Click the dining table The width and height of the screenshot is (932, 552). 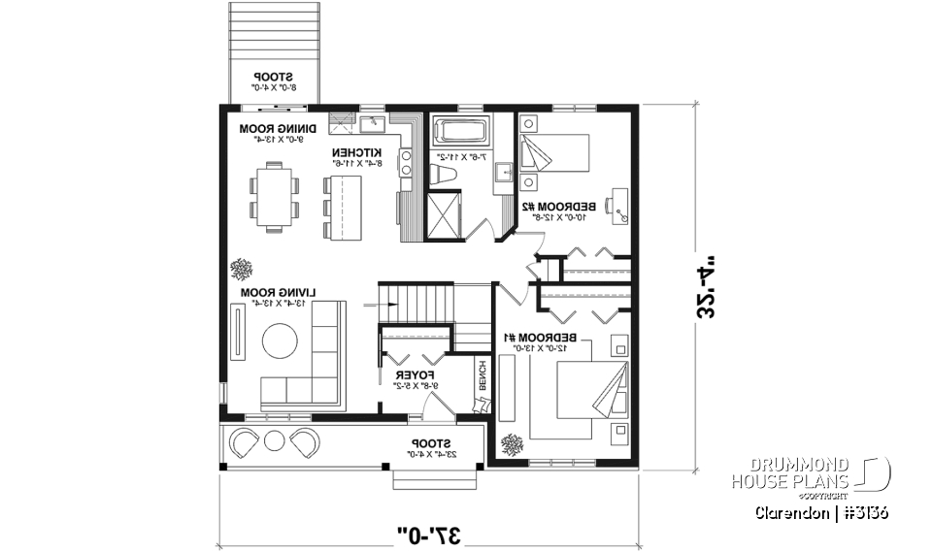click(x=275, y=197)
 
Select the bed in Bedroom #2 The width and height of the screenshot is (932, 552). click(x=555, y=152)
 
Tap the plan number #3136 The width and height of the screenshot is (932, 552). click(x=863, y=512)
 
